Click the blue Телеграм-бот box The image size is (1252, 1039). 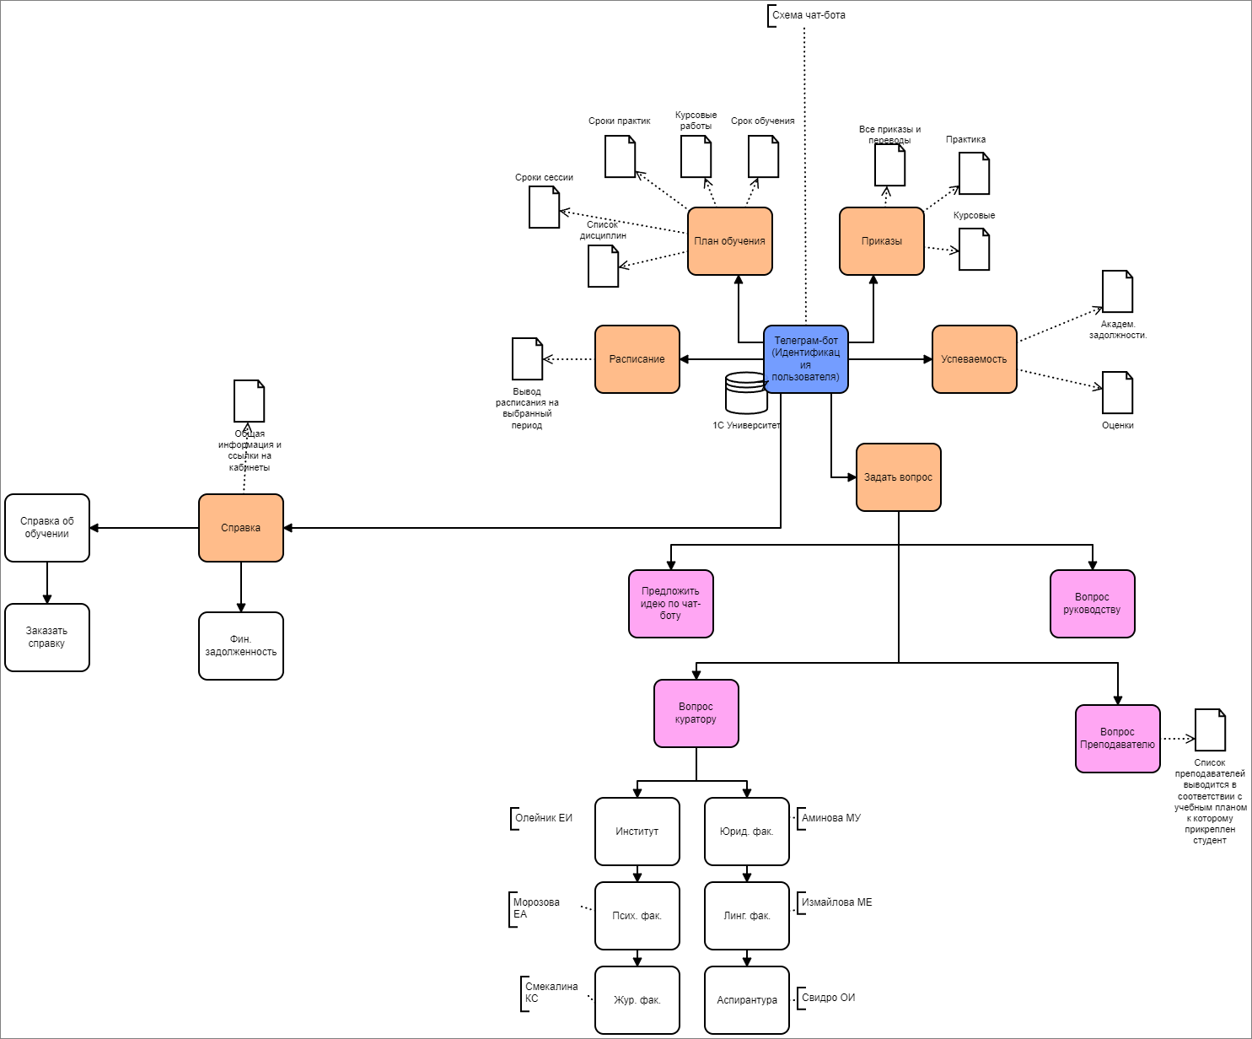click(x=805, y=358)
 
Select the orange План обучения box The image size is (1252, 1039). click(x=729, y=241)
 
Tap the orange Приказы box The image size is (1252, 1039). click(x=881, y=241)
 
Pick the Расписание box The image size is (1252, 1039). click(x=637, y=359)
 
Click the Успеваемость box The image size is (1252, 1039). click(x=974, y=359)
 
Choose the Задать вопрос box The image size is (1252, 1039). click(x=898, y=477)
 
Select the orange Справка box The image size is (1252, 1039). click(x=240, y=528)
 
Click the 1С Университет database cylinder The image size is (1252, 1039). click(x=746, y=394)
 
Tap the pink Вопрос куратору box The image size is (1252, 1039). click(x=696, y=713)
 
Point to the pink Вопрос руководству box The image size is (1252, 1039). click(x=1092, y=604)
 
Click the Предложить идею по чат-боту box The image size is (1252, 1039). click(x=670, y=604)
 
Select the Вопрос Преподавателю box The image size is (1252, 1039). click(x=1117, y=739)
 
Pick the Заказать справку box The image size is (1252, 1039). click(x=46, y=638)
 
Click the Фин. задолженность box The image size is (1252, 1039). click(x=240, y=646)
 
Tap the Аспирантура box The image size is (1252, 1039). click(x=746, y=1000)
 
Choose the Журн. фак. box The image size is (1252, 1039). click(x=637, y=1000)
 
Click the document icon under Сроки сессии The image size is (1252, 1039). click(x=544, y=207)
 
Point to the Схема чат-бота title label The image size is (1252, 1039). click(x=808, y=15)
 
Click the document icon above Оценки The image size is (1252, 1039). click(x=1117, y=393)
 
